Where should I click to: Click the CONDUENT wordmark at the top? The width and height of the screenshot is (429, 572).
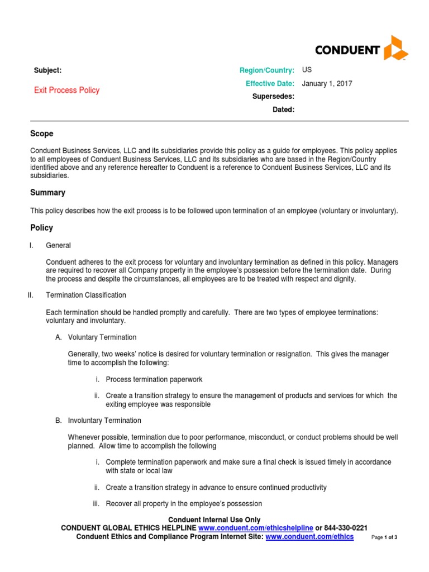click(x=347, y=50)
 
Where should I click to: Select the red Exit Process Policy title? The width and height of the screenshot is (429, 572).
click(x=66, y=90)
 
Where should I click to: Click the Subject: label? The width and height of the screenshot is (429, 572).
click(x=47, y=70)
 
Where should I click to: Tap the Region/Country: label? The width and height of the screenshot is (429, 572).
click(x=266, y=70)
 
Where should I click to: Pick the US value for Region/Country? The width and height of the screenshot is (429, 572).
click(x=307, y=70)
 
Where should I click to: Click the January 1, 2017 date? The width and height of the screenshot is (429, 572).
click(x=327, y=84)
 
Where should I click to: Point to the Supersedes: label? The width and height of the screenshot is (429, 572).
click(x=273, y=97)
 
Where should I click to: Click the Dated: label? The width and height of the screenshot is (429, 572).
click(x=283, y=109)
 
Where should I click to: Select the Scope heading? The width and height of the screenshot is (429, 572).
click(x=41, y=134)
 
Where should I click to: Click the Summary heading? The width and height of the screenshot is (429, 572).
click(x=47, y=193)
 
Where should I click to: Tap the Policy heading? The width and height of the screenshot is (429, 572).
click(x=41, y=228)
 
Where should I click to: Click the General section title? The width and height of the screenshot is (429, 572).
click(x=58, y=245)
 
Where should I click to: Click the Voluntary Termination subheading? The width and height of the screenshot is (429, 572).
click(x=102, y=337)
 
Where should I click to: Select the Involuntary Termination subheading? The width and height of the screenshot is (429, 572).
click(x=104, y=420)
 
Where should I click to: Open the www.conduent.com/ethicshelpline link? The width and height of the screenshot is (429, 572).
click(x=255, y=528)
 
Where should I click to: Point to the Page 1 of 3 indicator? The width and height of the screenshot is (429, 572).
click(x=384, y=537)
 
